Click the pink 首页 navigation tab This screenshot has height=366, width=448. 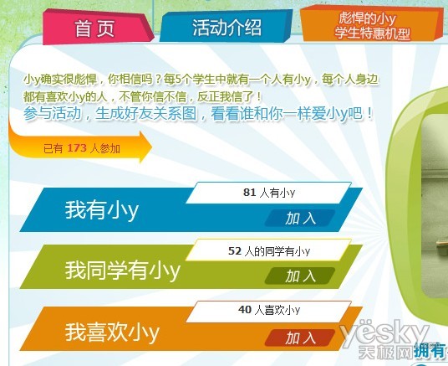pos(94,28)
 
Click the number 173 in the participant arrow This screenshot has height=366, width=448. pos(77,149)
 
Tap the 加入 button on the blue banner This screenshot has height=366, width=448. pos(301,219)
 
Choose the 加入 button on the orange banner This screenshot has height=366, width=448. pos(301,338)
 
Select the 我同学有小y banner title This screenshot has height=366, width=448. pos(123,271)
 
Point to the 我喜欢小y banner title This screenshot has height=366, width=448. pos(112,332)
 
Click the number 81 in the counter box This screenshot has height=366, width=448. pos(249,193)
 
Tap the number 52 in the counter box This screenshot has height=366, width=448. pos(234,250)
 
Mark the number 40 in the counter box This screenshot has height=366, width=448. pos(244,310)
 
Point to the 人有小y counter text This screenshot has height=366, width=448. pos(277,193)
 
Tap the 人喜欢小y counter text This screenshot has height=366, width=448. pos(277,310)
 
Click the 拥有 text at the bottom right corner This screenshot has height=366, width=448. pos(430,352)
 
